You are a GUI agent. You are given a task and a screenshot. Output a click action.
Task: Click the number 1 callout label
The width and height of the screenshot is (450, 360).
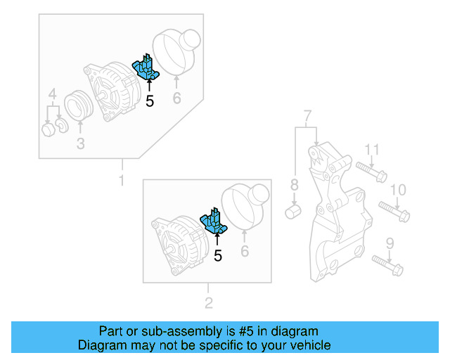click(x=121, y=181)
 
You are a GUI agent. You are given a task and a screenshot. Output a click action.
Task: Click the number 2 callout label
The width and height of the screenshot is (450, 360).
click(x=208, y=304)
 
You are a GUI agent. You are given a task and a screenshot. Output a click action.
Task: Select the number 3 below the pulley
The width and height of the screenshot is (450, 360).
click(x=80, y=144)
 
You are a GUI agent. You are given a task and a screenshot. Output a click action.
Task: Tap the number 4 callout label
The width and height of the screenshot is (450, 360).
click(x=52, y=94)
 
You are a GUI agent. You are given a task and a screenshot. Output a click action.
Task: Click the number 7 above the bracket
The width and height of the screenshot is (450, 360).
click(x=307, y=115)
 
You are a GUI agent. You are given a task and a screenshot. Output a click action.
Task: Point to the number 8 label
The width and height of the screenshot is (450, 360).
click(x=295, y=186)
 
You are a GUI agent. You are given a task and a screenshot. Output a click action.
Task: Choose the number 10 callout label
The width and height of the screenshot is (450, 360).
click(x=398, y=189)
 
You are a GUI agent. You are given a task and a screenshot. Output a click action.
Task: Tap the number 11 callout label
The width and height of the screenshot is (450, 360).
click(x=372, y=149)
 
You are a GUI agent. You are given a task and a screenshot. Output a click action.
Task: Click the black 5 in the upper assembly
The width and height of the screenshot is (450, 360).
click(x=149, y=101)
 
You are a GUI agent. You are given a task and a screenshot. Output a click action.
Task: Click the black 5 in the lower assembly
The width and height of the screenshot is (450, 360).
click(x=217, y=256)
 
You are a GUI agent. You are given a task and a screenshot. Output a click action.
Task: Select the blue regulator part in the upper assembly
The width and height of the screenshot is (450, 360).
click(x=147, y=68)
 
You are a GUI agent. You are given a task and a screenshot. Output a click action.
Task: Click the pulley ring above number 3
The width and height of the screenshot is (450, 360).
click(x=79, y=105)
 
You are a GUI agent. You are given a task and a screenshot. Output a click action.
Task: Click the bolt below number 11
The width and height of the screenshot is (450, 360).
click(x=371, y=171)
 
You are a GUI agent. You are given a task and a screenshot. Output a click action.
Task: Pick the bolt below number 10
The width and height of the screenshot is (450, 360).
click(x=394, y=210)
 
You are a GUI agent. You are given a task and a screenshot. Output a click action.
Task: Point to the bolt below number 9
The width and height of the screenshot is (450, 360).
click(x=385, y=264)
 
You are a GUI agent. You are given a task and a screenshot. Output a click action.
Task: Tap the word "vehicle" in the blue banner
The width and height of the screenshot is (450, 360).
click(x=306, y=345)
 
